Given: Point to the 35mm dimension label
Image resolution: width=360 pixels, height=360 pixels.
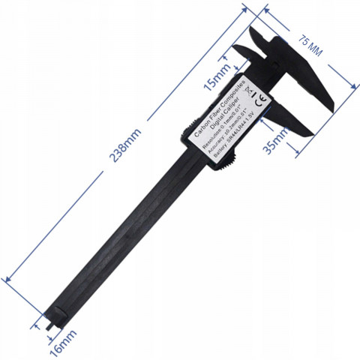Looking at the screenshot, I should [277, 139].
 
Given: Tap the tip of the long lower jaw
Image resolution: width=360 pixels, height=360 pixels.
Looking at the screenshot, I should [312, 133].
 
